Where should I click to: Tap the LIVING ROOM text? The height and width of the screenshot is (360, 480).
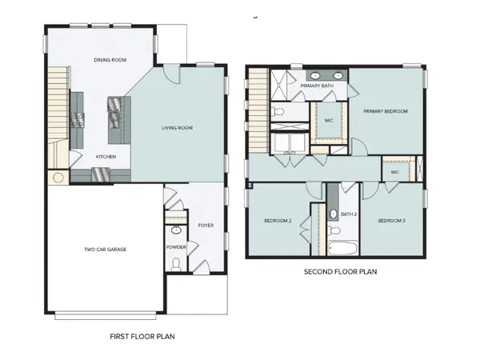pos(178,128)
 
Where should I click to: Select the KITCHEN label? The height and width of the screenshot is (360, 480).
pos(108,157)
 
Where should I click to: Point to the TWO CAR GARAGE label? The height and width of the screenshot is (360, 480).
pos(106,249)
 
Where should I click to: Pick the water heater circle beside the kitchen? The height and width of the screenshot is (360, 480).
pos(58,178)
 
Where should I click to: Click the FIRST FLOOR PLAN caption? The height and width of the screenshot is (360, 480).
pos(142,337)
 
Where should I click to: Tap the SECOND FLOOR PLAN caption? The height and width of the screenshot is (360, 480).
pos(340,272)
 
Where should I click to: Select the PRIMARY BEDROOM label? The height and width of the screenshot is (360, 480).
pos(385,111)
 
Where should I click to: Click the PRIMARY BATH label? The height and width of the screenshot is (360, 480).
pos(317,85)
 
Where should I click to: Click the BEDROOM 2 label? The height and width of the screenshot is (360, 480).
pos(278,220)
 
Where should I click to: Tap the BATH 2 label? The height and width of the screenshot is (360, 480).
pos(348,214)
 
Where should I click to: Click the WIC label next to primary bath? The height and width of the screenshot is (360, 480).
pos(328,121)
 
